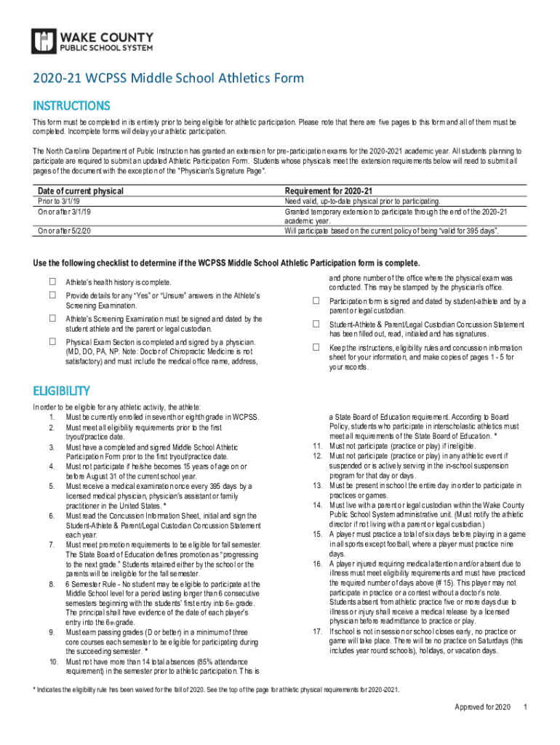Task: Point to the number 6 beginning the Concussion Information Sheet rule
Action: [52, 515]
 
